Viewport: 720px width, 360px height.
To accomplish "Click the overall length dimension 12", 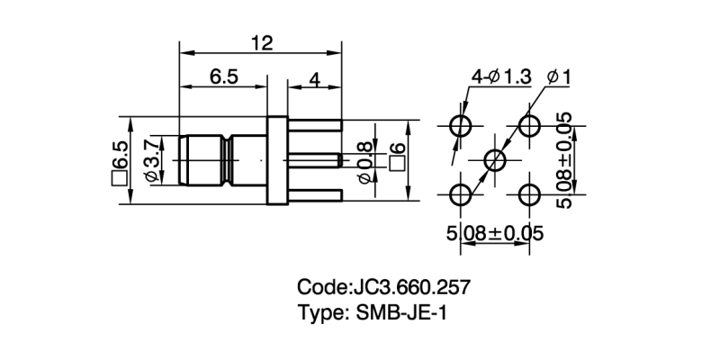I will (261, 42).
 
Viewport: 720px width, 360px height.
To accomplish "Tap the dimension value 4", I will (315, 78).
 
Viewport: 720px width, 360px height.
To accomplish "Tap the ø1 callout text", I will (558, 77).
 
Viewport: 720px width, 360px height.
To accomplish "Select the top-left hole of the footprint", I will (462, 125).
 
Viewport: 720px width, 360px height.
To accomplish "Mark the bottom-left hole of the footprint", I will (462, 193).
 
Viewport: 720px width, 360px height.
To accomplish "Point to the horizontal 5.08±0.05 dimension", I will (495, 234).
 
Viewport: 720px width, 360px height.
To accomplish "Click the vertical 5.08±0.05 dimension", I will (564, 160).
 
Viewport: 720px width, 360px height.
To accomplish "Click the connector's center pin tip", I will (338, 161).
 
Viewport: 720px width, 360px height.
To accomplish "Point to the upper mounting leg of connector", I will (315, 126).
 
